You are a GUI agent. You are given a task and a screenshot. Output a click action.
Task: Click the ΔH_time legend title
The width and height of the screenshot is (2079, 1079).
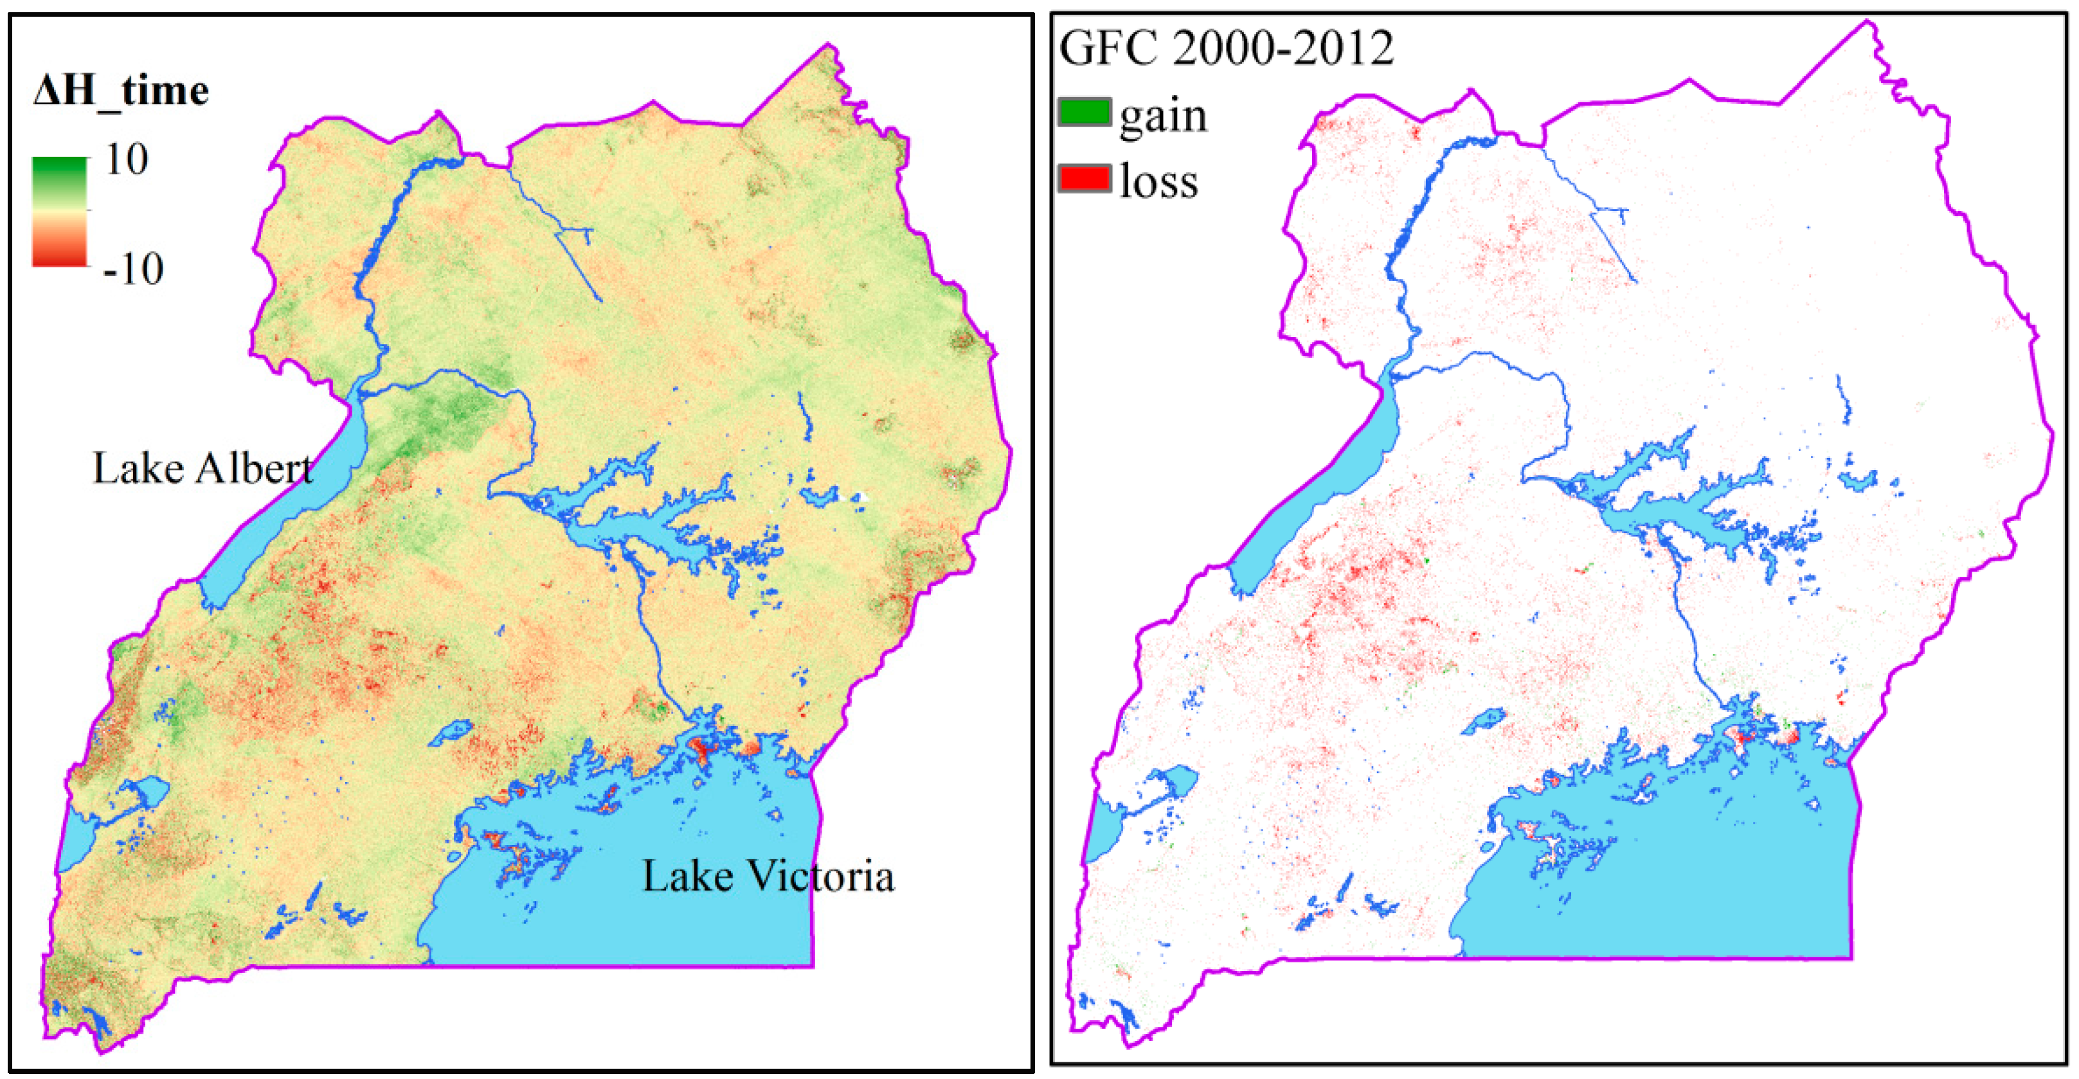[x=121, y=91]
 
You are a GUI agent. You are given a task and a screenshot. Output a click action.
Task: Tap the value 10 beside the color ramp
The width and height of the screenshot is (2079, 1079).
[x=127, y=159]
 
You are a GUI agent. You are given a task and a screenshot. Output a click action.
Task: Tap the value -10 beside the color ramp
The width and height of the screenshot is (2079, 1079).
[x=133, y=269]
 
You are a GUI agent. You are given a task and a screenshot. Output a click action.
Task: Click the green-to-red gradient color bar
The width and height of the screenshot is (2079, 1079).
[x=59, y=212]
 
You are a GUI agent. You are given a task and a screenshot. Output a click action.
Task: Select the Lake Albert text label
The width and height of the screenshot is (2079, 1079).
[x=202, y=469]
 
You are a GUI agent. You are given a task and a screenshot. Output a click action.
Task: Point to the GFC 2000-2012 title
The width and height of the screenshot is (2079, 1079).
[x=1226, y=48]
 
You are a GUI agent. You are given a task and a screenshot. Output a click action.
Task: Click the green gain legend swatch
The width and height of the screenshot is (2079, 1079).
[x=1084, y=112]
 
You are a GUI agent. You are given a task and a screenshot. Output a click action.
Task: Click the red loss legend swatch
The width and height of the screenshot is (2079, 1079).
[x=1084, y=177]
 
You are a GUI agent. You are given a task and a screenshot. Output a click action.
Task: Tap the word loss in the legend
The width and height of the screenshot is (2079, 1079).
[x=1158, y=181]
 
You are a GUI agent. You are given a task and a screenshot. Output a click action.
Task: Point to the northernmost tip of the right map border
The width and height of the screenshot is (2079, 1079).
[x=1867, y=22]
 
